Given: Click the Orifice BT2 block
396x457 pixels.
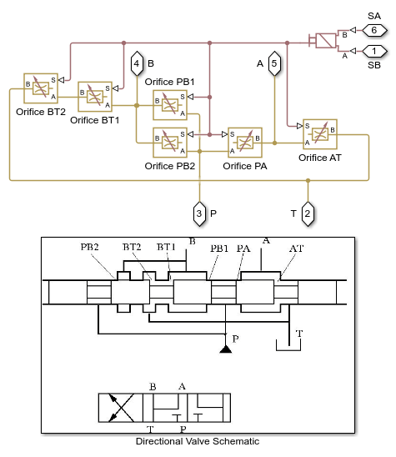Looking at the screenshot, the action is pos(41,88).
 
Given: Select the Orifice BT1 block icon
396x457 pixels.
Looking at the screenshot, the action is pos(95,97).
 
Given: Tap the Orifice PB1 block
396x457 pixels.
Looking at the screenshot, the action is pos(170,105).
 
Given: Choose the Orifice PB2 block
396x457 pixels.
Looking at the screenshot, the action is pos(170,143).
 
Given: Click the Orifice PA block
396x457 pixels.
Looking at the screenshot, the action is pos(245,143).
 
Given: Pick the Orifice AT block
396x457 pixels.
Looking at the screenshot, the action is pos(320,134).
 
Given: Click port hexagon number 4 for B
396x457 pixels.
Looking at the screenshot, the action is pos(137,63).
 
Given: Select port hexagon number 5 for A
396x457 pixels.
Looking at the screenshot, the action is pos(274,63).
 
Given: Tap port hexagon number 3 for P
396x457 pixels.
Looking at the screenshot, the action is pos(199,213).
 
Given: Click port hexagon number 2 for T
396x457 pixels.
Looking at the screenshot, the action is pos(308,213).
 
